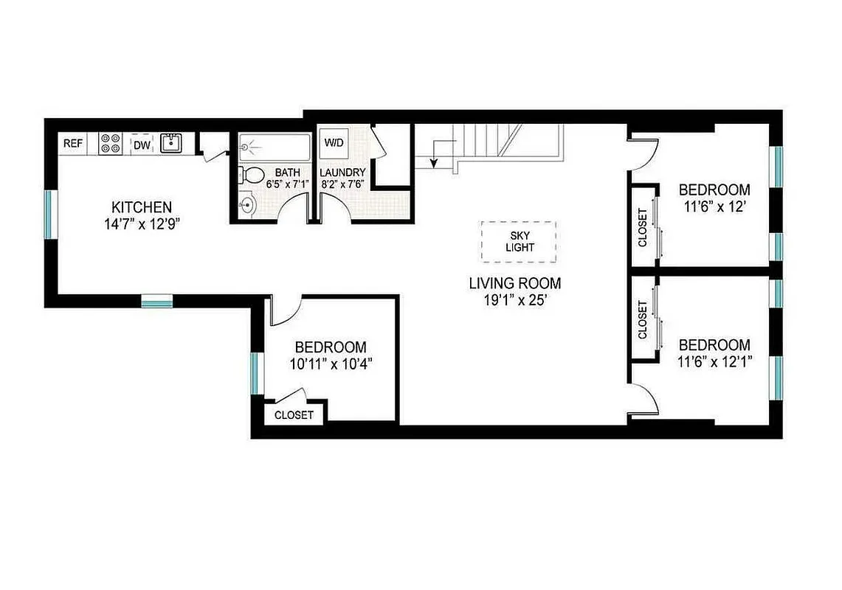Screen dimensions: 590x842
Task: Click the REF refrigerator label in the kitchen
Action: coord(72,144)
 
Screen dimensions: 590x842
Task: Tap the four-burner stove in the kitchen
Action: coord(111,143)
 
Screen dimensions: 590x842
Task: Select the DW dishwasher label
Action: coord(142,145)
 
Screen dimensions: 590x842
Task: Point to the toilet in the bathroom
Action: coord(252,176)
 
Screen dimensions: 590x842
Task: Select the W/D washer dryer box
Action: coord(333,143)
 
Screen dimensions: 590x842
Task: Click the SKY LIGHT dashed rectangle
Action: coord(519,241)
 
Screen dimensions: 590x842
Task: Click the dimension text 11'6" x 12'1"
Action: coord(714,361)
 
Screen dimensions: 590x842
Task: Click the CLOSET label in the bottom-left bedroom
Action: coord(294,415)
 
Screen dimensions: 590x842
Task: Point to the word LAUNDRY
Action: coord(342,173)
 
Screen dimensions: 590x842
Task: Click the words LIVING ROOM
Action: coord(514,283)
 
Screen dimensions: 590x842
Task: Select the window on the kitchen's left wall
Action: coord(49,214)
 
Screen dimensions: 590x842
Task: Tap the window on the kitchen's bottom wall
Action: coord(156,300)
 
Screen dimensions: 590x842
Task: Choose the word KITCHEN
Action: coord(142,207)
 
